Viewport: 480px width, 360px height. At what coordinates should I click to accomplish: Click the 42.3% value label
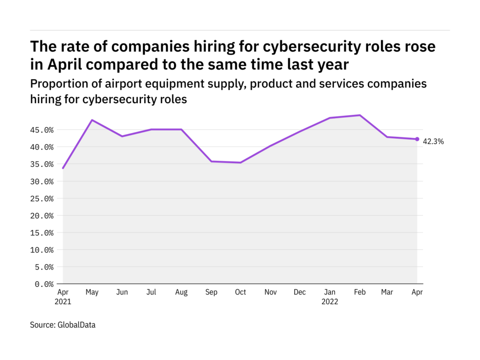click(434, 141)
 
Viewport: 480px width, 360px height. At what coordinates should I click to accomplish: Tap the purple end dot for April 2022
click(417, 139)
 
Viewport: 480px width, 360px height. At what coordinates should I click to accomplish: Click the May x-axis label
click(93, 292)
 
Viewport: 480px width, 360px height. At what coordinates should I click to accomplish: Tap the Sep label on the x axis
click(211, 292)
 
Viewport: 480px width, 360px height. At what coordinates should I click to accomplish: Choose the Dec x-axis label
click(300, 292)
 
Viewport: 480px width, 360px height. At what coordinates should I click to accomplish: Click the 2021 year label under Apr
click(63, 302)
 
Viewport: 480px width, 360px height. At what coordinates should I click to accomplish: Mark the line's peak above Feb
click(359, 115)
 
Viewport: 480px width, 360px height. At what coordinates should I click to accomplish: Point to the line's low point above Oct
click(240, 163)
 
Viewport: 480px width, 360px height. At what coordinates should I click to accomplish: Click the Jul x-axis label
click(152, 292)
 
